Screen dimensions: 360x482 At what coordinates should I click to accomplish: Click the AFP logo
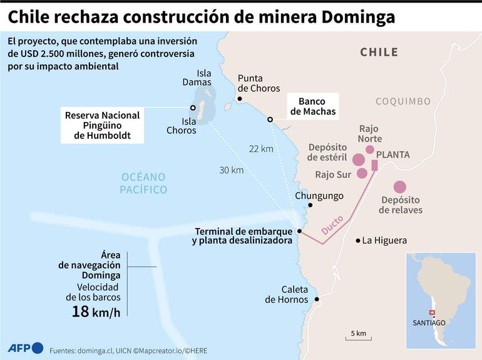[25, 348]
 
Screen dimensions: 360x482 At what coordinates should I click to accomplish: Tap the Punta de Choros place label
[259, 83]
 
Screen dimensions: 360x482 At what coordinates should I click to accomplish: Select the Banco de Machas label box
[312, 106]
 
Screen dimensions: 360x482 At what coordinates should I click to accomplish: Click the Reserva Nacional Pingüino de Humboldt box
[102, 125]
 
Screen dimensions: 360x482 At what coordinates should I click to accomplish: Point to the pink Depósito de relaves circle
[399, 187]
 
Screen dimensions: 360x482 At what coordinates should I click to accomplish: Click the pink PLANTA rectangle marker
[374, 165]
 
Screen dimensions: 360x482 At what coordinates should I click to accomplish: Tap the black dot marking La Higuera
[358, 240]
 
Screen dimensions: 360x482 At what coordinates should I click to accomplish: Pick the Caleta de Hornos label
[286, 294]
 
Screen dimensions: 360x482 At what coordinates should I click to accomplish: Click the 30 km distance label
[231, 170]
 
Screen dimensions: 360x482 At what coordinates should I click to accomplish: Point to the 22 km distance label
[260, 148]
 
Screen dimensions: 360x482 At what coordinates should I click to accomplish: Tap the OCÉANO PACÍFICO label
[144, 183]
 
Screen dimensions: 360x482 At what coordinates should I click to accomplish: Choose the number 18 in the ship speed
[80, 311]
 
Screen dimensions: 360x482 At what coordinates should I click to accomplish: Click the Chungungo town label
[319, 196]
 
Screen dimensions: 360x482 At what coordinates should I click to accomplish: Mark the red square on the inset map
[431, 312]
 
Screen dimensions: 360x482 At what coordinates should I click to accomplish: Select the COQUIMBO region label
[403, 101]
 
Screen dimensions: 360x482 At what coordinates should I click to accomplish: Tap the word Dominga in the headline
[352, 16]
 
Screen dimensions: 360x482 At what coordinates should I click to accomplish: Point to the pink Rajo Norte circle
[370, 150]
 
